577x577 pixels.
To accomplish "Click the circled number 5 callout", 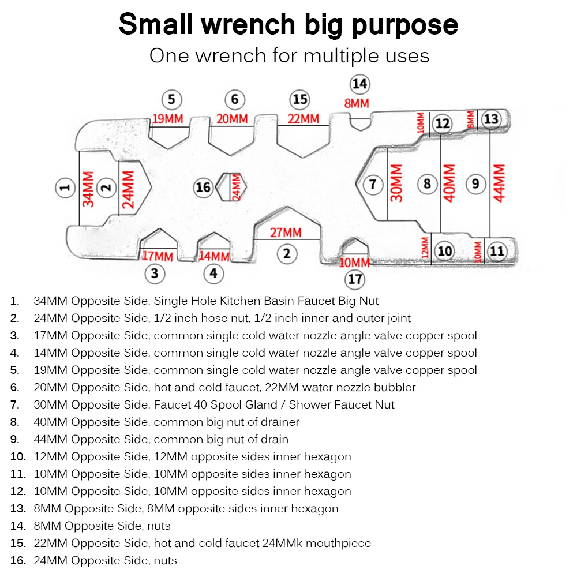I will point(171,100).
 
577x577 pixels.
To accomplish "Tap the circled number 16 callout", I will point(203,187).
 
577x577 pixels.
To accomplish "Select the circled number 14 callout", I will point(359,84).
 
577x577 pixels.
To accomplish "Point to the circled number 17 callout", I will point(355,280).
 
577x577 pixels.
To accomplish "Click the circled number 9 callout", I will point(475,183).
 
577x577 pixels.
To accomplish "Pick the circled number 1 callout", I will point(66,187).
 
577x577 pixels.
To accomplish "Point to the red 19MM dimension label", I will point(167,119).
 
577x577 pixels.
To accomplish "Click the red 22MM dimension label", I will point(303,119).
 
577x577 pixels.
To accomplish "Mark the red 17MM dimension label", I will point(157,256).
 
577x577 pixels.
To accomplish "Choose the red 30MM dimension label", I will point(396,183).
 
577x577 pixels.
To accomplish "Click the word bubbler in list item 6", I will point(395,387).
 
